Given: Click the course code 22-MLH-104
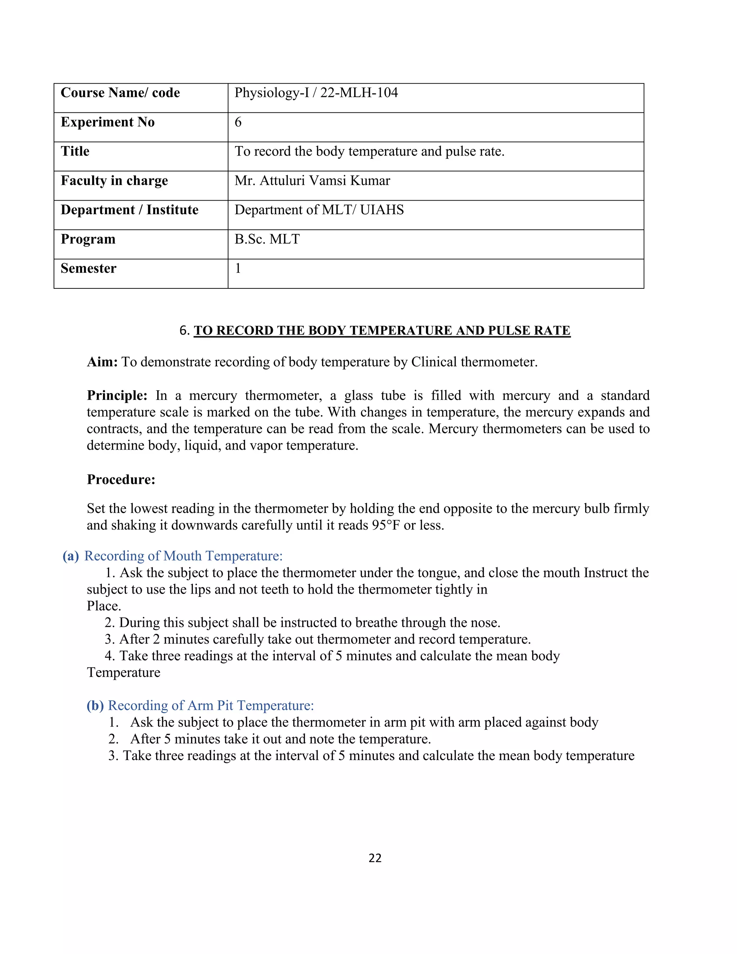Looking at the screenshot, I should [359, 93].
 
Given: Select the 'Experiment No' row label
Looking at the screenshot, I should [107, 122].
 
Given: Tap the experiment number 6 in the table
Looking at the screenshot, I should [238, 122].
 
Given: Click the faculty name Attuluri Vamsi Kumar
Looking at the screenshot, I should [324, 180].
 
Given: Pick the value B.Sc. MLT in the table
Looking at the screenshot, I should [267, 239].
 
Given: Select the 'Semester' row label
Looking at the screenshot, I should [88, 268].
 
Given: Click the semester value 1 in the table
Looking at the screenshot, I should [238, 268].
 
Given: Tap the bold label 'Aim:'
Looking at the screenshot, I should [102, 362].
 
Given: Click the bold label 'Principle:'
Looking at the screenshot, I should [117, 395].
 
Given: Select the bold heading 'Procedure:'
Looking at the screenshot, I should [121, 479].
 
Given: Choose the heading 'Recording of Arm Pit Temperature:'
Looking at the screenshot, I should [211, 706].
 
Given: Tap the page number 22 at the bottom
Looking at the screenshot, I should [375, 858].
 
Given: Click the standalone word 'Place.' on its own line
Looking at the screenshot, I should [104, 606].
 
